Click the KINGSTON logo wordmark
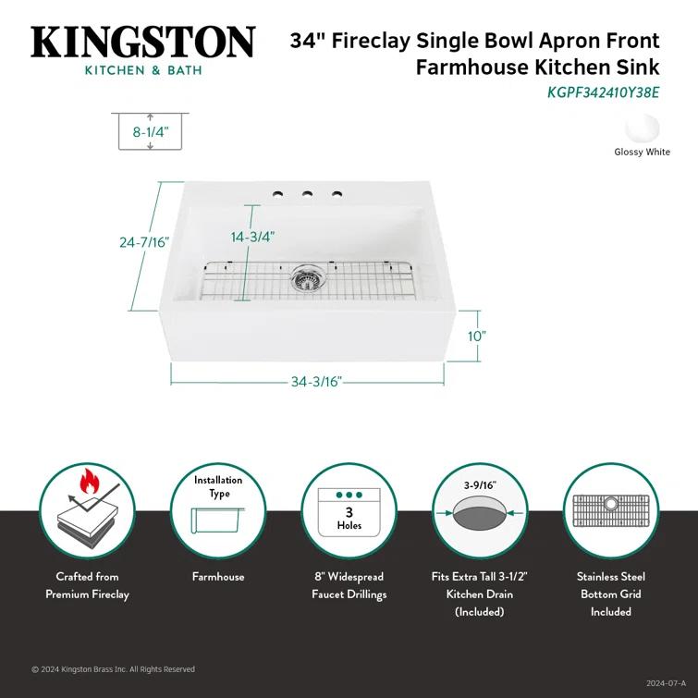pyautogui.click(x=143, y=43)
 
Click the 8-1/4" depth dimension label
pyautogui.click(x=150, y=132)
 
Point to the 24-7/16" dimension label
pyautogui.click(x=144, y=242)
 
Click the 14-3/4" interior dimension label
pyautogui.click(x=252, y=237)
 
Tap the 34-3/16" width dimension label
pyautogui.click(x=316, y=381)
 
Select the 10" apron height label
pyautogui.click(x=476, y=337)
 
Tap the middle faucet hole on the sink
pyautogui.click(x=306, y=195)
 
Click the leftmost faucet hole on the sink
pyautogui.click(x=276, y=194)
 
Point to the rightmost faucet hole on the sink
pyautogui.click(x=337, y=195)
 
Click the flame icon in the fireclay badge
pyautogui.click(x=90, y=481)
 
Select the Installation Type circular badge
pyautogui.click(x=218, y=510)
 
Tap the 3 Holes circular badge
pyautogui.click(x=349, y=511)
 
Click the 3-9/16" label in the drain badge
pyautogui.click(x=480, y=484)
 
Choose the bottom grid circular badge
pyautogui.click(x=610, y=511)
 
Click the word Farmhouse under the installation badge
pyautogui.click(x=218, y=577)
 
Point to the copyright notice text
pyautogui.click(x=113, y=669)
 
